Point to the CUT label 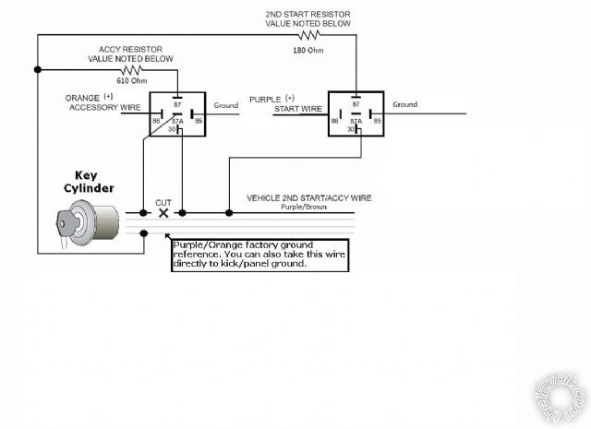coord(163,202)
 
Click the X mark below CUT coord(163,213)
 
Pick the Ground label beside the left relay coord(226,106)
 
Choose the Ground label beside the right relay coord(404,105)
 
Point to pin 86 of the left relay coord(156,121)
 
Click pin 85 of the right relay coord(377,121)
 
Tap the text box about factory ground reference coord(259,254)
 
